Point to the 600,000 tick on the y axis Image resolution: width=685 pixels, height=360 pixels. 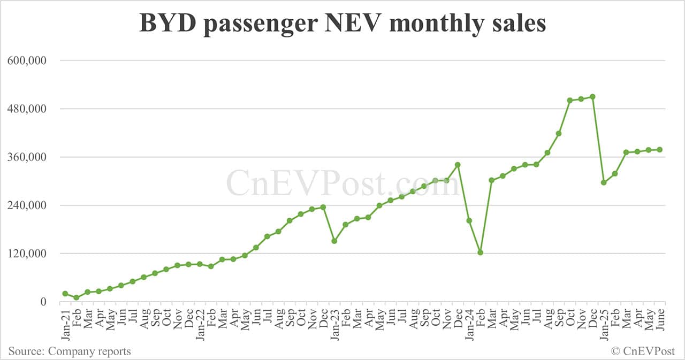(x=27, y=60)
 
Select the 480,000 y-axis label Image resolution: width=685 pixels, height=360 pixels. (x=27, y=109)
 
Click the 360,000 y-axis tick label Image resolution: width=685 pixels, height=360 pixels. (x=27, y=157)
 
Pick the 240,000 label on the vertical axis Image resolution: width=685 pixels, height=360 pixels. (x=27, y=205)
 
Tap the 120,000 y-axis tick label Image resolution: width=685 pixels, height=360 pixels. (x=27, y=254)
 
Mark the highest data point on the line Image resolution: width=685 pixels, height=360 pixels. (x=592, y=97)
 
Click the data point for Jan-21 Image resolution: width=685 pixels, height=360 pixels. (x=65, y=294)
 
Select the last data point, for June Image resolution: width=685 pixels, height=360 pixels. (x=660, y=150)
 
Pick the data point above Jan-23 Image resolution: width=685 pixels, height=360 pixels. (x=334, y=241)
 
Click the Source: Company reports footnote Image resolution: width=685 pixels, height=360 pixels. (x=70, y=351)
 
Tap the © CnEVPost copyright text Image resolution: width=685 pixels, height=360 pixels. (x=643, y=351)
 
